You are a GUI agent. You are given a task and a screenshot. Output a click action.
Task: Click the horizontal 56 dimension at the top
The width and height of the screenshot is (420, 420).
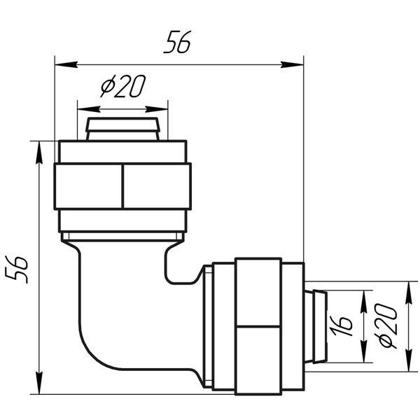pos(177,42)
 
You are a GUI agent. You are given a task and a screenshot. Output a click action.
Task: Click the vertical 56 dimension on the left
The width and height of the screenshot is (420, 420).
pos(17,269)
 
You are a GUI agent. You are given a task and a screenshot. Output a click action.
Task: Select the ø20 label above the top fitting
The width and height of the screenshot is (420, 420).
pos(123,85)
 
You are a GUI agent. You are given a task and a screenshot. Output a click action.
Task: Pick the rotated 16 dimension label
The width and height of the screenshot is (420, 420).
pos(341,325)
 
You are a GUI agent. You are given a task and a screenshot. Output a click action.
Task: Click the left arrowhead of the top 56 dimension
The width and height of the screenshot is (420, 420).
pos(66,64)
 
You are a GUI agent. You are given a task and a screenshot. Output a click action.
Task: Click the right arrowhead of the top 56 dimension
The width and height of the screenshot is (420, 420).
pos(292,64)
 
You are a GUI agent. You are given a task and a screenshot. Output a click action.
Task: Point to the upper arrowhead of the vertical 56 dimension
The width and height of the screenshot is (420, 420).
pos(39,152)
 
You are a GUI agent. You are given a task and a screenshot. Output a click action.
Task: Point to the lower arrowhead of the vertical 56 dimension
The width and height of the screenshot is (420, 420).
pos(39,383)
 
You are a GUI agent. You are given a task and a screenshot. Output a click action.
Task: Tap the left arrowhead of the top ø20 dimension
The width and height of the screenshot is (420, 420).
pos(89,109)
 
